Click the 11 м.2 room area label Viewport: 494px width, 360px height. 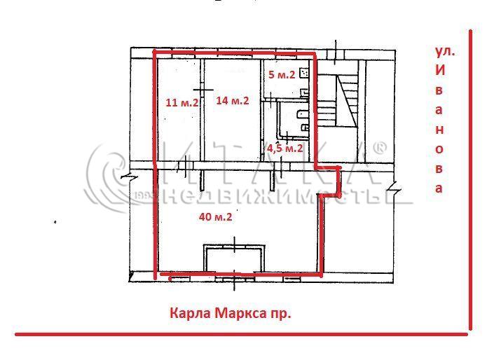click(182, 103)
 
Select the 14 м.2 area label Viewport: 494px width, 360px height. click(233, 100)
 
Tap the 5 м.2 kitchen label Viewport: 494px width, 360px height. click(282, 75)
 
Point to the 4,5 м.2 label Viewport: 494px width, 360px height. click(285, 148)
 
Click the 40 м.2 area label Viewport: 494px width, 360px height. click(216, 216)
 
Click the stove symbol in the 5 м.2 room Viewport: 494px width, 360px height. click(304, 74)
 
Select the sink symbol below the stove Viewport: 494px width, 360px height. click(304, 92)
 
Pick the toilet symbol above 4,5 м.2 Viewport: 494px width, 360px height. click(305, 127)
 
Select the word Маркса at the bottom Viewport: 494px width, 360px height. click(240, 313)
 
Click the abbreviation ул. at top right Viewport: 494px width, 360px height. click(445, 51)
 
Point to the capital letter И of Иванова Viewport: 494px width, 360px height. click(440, 71)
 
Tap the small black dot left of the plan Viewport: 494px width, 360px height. click(55, 222)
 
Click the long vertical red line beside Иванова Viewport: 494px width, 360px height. click(470, 179)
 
